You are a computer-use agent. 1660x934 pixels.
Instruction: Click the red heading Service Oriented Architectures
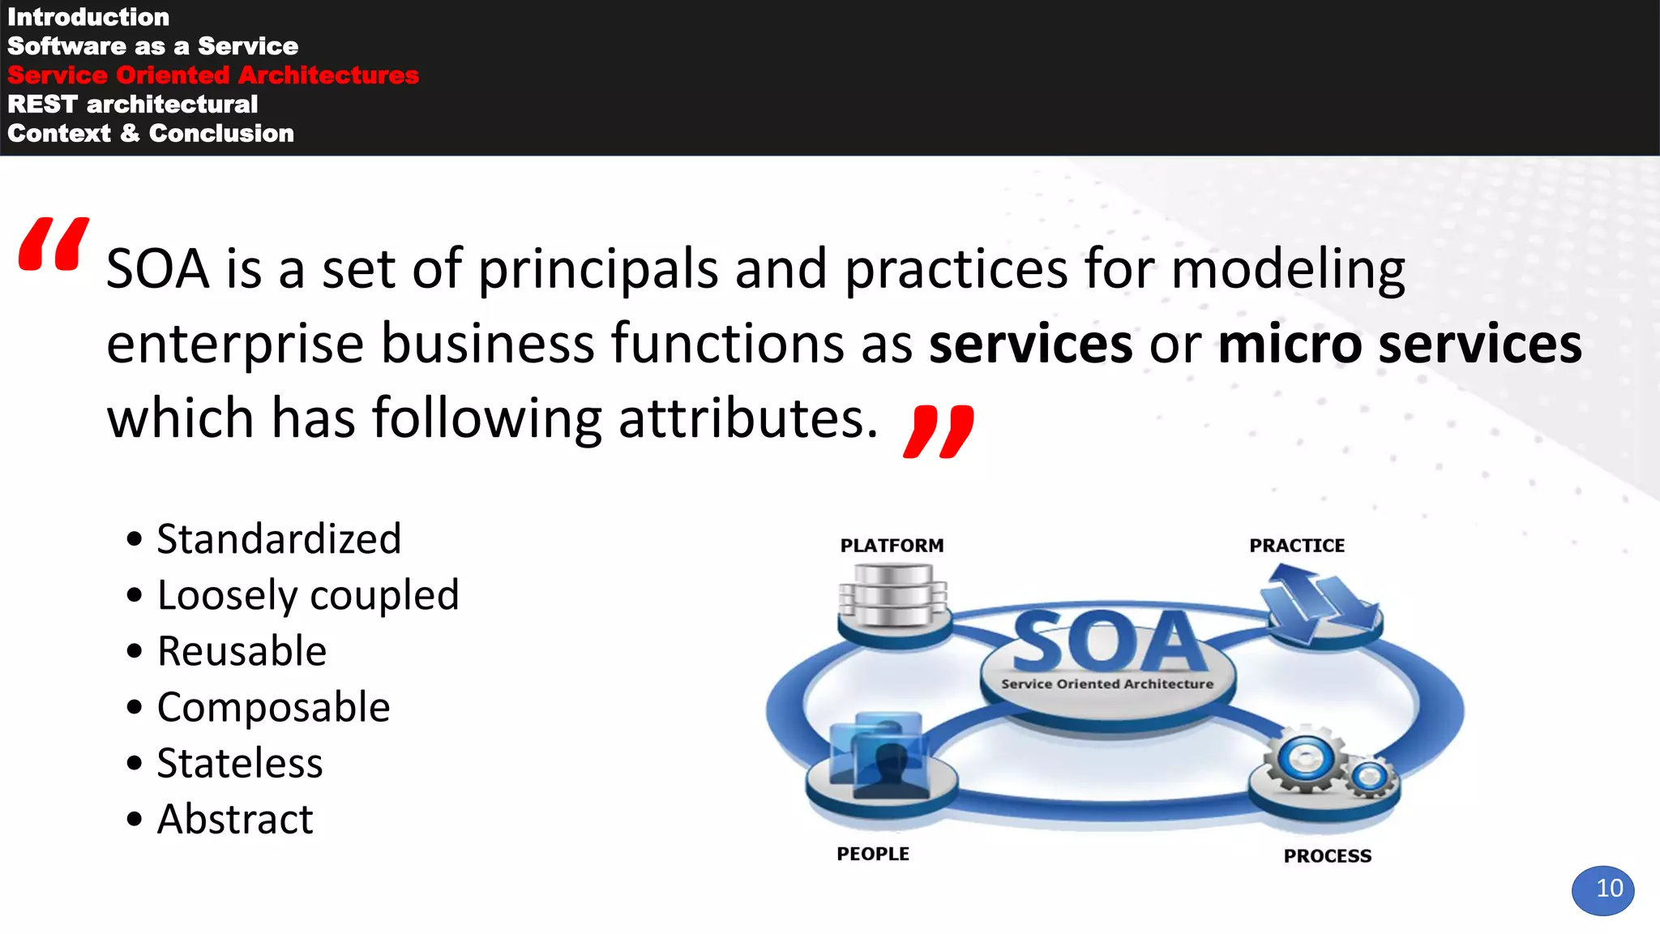(213, 75)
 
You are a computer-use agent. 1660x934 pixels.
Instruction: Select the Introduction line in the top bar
(88, 17)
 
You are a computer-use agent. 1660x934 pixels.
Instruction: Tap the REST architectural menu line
(132, 105)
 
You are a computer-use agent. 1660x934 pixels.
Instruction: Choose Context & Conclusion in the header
(151, 134)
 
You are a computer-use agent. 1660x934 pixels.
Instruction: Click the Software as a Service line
(152, 46)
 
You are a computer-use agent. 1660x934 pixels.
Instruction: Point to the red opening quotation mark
(53, 244)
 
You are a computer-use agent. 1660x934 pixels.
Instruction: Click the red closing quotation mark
(939, 431)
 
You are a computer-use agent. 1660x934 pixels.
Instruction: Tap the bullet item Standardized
(279, 539)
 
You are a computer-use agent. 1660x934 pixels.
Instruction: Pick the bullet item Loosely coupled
(308, 595)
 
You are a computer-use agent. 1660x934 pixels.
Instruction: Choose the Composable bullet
(273, 707)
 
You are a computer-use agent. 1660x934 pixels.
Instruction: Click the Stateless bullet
(240, 763)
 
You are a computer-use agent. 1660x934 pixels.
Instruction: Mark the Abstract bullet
(235, 819)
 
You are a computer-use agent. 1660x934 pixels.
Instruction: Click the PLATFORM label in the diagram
(892, 546)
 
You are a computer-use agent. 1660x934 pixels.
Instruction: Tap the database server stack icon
(892, 597)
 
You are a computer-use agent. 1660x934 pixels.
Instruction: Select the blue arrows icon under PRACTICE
(1319, 604)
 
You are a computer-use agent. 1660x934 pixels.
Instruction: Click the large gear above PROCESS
(1305, 760)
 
